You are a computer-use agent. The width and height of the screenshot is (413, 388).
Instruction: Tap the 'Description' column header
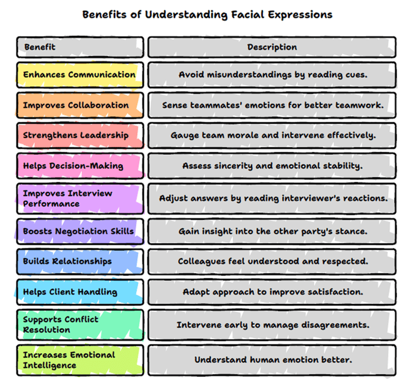[x=272, y=47]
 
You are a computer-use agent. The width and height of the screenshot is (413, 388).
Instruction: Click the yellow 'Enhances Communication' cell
[x=80, y=75]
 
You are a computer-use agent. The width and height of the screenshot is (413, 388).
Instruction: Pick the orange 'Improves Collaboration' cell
[x=80, y=105]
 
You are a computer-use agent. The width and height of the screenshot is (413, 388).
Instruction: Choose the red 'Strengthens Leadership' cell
[x=80, y=135]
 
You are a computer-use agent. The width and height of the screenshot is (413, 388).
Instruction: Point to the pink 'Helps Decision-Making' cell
[x=80, y=166]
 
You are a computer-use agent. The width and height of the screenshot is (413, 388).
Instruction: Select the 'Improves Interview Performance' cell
[x=80, y=198]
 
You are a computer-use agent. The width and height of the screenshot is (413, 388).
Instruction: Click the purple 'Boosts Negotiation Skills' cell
[x=80, y=231]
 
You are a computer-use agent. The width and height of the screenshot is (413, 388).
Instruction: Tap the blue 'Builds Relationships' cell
[x=80, y=261]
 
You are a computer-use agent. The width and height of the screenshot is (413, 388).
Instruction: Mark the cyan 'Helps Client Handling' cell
[x=80, y=292]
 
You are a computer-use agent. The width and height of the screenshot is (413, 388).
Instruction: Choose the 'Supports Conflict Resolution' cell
[x=80, y=324]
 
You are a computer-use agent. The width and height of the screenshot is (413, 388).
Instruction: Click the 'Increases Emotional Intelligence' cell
[x=80, y=360]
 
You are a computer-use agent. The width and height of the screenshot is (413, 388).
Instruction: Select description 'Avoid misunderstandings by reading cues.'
[x=272, y=75]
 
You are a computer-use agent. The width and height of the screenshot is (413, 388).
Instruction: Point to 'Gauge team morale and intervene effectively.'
[x=272, y=135]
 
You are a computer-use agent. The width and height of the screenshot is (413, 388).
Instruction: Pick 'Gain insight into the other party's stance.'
[x=272, y=231]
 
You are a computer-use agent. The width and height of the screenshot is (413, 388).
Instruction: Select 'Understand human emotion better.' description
[x=272, y=360]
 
